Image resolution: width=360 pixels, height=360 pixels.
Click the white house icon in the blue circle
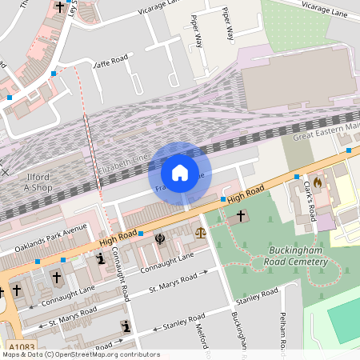coord(180,173)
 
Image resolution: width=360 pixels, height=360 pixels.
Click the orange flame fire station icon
coord(318,183)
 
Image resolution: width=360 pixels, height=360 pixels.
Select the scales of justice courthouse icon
coord(200,233)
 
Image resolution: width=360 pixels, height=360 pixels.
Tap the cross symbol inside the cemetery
coord(242,216)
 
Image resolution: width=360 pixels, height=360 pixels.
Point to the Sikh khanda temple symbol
coord(160,238)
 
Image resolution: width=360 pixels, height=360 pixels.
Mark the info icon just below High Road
coord(101,259)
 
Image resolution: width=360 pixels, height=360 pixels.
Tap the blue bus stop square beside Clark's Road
coord(296,176)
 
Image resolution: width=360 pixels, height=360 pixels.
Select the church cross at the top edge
coord(61,6)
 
